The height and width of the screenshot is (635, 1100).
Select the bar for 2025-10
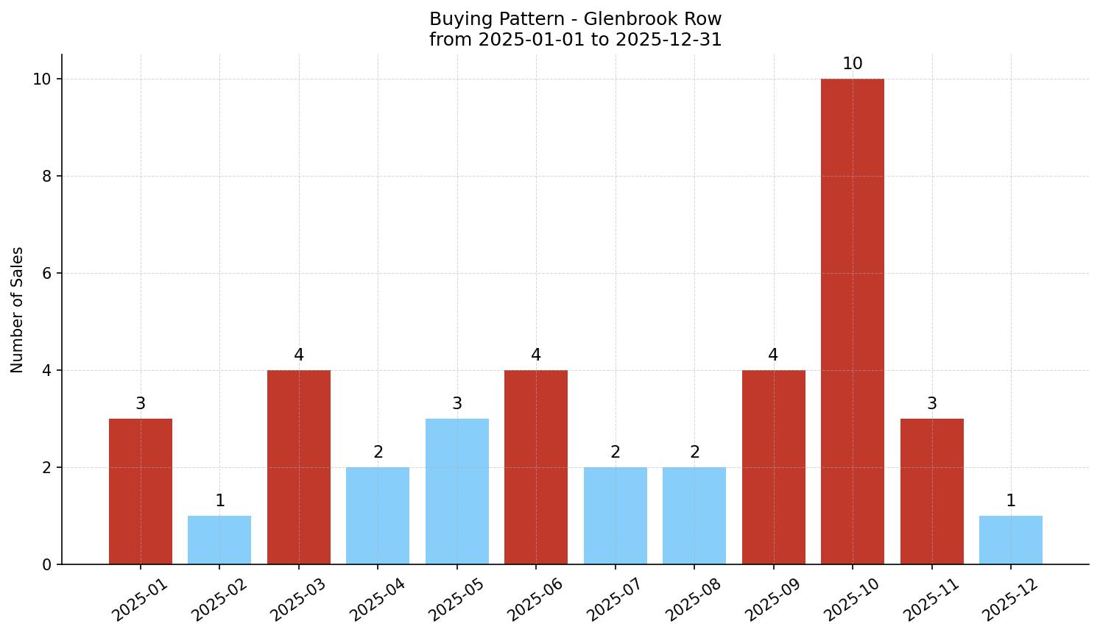852,322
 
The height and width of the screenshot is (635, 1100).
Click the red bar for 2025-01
141,492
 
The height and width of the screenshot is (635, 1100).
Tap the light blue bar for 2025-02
219,540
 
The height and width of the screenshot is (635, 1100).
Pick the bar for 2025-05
457,492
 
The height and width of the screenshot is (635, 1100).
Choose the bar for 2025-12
1010,540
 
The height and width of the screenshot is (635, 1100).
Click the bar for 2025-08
694,516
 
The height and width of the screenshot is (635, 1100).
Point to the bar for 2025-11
931,492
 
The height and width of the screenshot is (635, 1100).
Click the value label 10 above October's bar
852,64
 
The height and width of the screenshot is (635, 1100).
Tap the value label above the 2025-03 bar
299,355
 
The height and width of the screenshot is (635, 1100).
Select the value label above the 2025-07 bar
616,453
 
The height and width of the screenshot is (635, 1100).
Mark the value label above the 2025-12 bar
1010,501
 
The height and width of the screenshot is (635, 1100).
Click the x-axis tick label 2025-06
535,599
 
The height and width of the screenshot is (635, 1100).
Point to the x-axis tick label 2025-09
772,599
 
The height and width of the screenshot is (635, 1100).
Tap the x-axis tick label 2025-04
377,599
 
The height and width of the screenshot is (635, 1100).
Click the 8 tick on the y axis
46,177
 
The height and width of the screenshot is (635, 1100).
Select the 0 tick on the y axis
46,565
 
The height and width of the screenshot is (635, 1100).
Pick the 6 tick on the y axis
46,274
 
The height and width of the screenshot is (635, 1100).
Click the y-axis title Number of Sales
18,310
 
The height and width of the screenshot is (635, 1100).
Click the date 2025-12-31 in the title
669,40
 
